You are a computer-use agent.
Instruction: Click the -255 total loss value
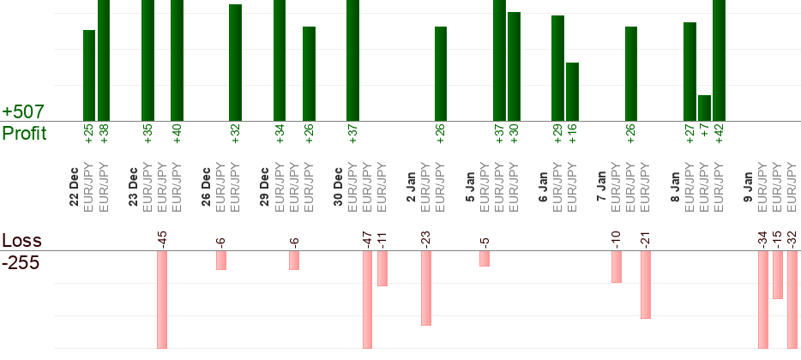pos(21,263)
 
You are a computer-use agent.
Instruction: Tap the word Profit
pos(24,133)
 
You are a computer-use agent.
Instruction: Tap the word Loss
pos(21,240)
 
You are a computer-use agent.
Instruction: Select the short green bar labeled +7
pos(704,108)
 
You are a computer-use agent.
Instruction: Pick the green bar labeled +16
pos(572,92)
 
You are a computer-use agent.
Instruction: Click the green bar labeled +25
pos(89,75)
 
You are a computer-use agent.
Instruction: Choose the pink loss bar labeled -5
pos(485,258)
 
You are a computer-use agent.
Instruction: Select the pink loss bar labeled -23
pos(426,288)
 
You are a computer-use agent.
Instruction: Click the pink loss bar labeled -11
pos(382,268)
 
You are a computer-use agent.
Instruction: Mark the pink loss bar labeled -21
pos(646,285)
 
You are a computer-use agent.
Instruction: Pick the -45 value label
pos(162,237)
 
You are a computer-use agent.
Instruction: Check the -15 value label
pos(777,237)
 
